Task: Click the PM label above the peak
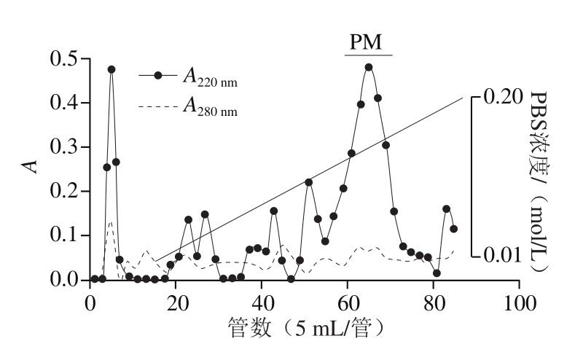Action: (366, 42)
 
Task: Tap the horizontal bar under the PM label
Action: (369, 55)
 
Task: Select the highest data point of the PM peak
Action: (369, 67)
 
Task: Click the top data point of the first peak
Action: (112, 69)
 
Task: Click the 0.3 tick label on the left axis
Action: (64, 147)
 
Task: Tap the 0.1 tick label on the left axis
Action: (64, 235)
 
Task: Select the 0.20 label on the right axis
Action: (503, 97)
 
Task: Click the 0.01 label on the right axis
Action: (502, 255)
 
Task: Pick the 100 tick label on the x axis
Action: (520, 303)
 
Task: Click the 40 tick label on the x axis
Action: (262, 303)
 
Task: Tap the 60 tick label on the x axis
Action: (348, 303)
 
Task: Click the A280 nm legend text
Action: (210, 106)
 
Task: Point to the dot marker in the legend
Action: (158, 76)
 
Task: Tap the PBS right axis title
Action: (540, 182)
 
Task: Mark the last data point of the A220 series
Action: (453, 229)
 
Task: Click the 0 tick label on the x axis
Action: (90, 303)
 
